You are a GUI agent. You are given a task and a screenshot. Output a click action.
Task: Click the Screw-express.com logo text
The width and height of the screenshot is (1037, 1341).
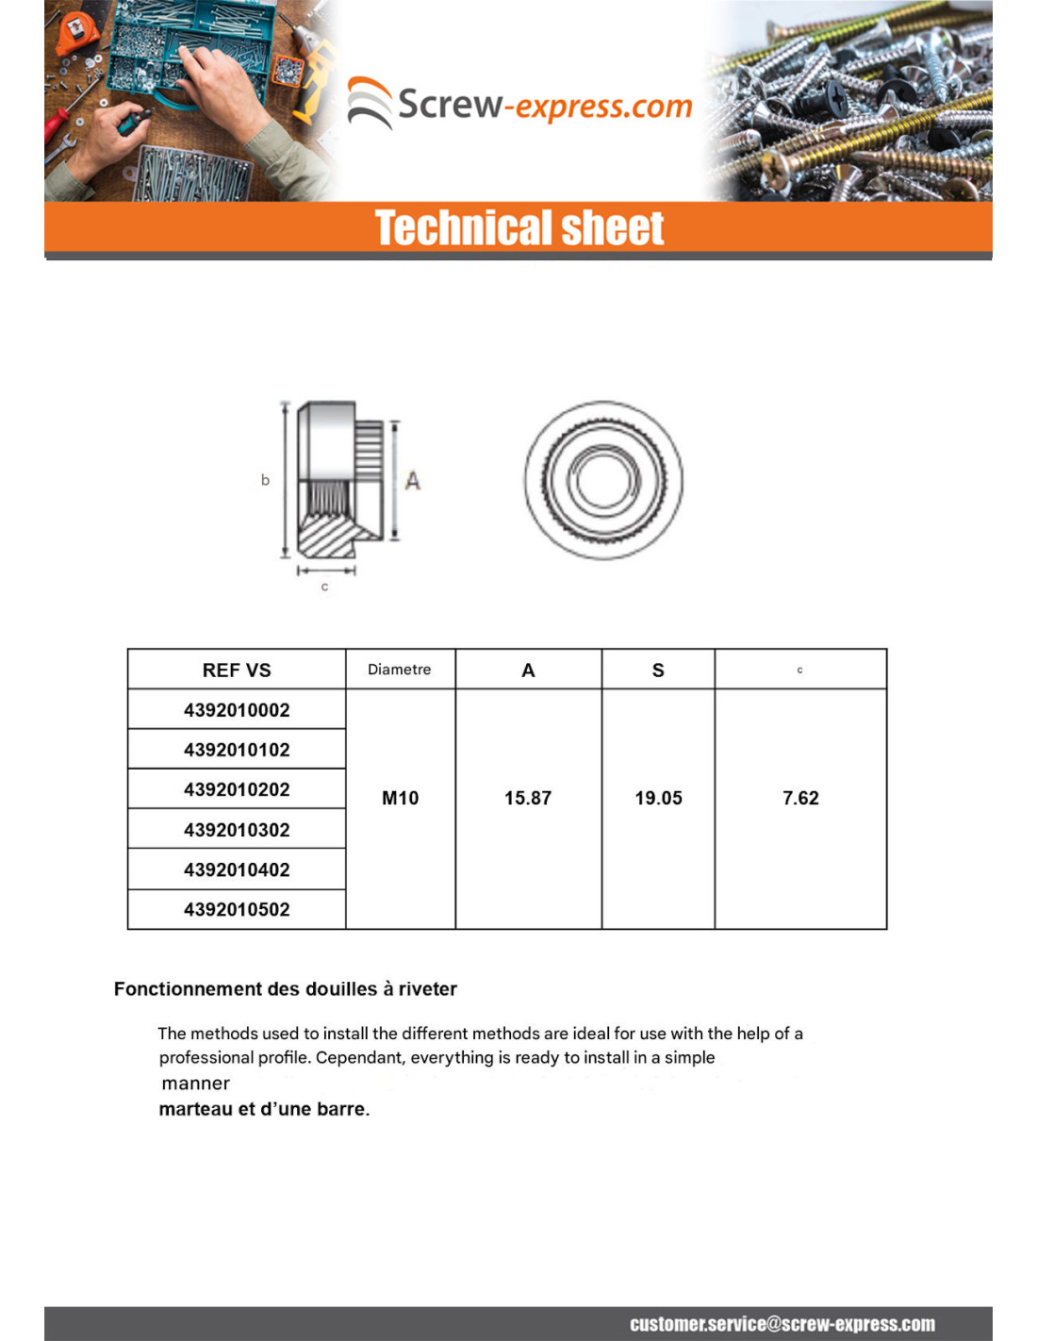coord(544,105)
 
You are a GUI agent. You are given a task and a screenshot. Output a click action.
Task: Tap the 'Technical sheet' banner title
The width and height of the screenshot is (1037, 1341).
coord(519,228)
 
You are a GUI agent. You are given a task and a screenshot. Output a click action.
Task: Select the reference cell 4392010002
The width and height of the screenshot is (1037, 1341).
coord(237,710)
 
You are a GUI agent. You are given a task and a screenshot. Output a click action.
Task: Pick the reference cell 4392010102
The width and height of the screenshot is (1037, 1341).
coord(237,750)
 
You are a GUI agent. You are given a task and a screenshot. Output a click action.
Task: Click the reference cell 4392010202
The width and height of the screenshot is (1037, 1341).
coord(237,789)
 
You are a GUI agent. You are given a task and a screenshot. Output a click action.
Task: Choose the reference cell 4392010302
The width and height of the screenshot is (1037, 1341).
coord(237,830)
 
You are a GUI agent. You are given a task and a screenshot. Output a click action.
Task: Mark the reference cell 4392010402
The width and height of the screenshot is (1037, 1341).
coord(237,869)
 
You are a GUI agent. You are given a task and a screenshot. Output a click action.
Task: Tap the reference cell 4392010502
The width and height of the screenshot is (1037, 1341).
coord(237,909)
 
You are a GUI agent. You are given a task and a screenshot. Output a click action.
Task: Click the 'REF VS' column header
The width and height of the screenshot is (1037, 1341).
coord(237,670)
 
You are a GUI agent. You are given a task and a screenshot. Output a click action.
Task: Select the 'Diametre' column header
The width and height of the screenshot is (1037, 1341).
coord(399,670)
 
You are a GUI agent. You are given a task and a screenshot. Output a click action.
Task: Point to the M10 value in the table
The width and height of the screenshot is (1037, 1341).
coord(400,798)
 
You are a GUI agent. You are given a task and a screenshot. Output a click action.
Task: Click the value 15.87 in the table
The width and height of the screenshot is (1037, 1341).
coord(527,798)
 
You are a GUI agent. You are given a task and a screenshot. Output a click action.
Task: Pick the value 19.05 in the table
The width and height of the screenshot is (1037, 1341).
coord(658,798)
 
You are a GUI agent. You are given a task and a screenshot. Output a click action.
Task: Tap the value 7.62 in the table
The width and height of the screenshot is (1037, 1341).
coord(800,798)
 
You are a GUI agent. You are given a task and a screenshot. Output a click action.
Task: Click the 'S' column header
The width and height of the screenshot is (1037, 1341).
coord(658,670)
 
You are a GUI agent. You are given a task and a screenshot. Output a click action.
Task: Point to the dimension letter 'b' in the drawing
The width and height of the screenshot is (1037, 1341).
coord(265,480)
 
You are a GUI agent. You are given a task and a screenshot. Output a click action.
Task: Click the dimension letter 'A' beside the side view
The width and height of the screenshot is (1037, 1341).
coord(412,481)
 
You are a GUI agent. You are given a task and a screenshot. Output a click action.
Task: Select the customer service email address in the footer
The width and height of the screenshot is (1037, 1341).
coord(782,1324)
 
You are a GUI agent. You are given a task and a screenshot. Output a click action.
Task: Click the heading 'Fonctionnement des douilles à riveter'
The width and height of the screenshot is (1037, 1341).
coord(285,988)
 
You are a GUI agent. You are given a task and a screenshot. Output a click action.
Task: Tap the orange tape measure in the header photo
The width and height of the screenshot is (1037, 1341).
coord(76,33)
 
